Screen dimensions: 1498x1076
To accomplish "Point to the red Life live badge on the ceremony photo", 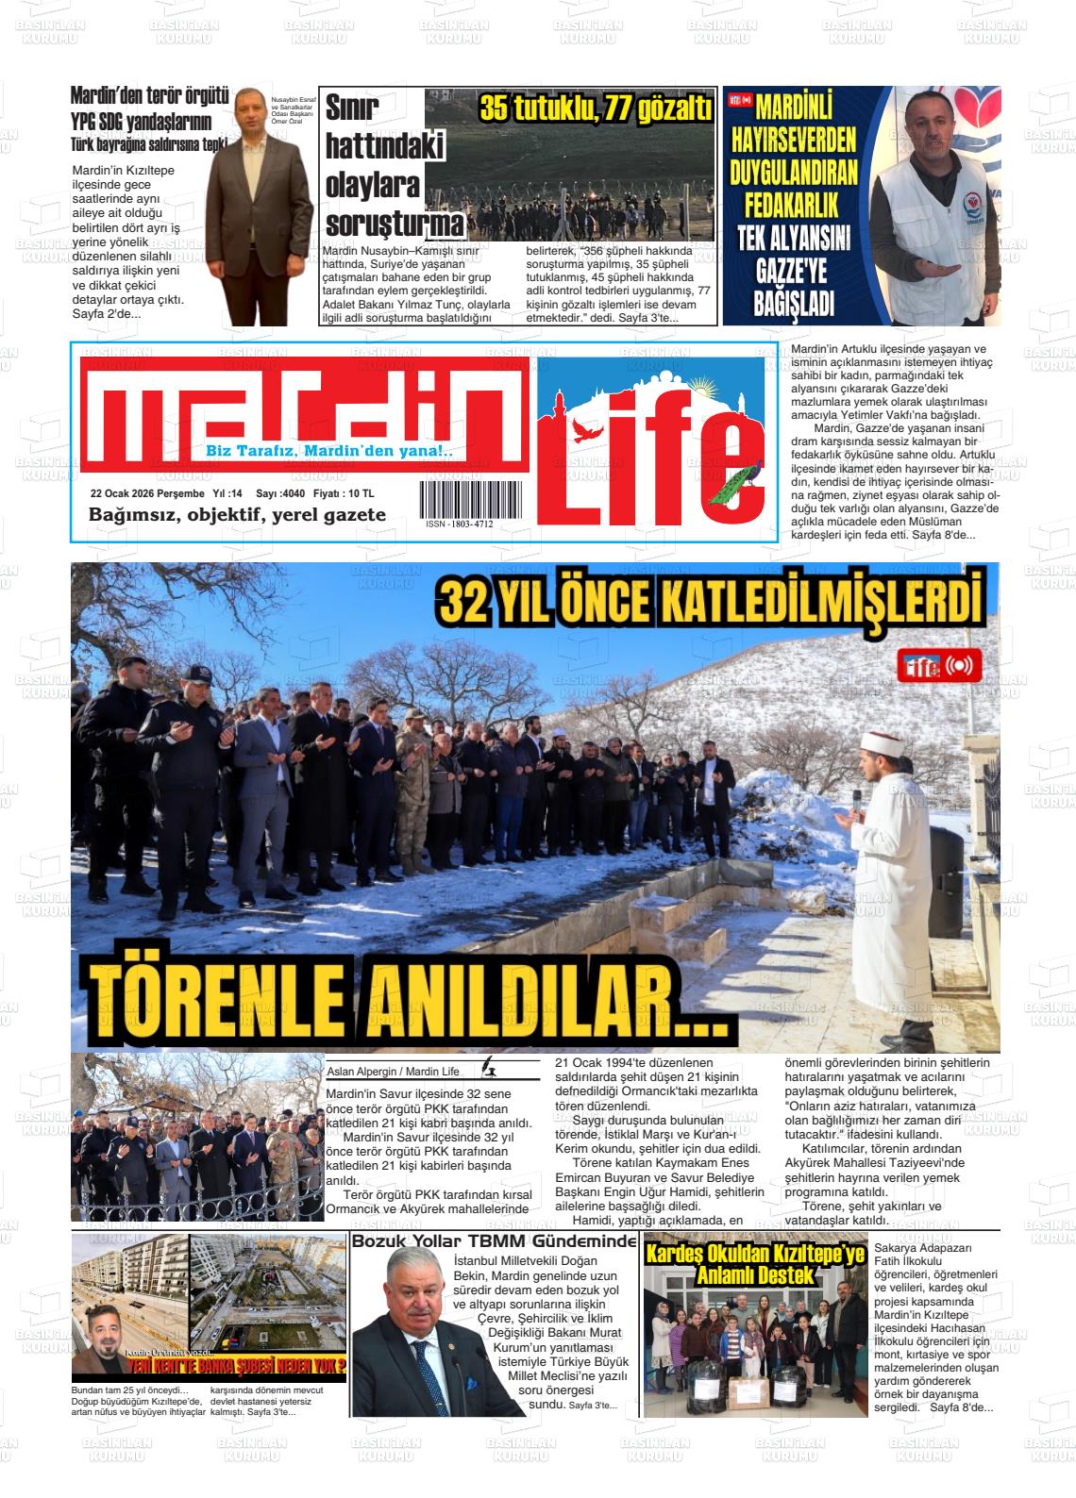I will tap(939, 666).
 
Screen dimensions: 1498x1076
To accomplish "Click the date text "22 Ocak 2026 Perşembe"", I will tap(147, 493).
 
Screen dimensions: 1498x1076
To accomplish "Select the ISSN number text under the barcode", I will tap(459, 524).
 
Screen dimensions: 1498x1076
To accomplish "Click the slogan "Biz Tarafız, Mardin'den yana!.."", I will tap(329, 452).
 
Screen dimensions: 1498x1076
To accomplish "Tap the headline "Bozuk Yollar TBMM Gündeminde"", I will tap(495, 1241).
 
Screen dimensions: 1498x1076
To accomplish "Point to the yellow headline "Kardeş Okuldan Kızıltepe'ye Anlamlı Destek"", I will tap(754, 1264).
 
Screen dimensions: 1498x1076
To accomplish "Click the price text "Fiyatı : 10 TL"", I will tap(344, 493).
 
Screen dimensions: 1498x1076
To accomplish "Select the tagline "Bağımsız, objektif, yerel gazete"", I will tap(237, 515).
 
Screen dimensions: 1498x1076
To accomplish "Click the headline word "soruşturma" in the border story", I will tap(395, 224).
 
